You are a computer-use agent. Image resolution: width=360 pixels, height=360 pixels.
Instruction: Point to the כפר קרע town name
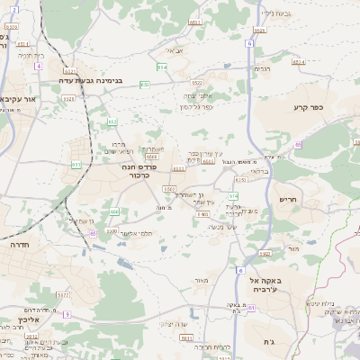[x=307, y=108]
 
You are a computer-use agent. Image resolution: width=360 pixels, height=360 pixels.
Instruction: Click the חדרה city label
[x=19, y=244]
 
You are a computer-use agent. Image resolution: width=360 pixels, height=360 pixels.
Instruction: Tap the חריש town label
[x=288, y=199]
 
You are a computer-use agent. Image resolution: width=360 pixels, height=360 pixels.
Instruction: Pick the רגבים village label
[x=263, y=68]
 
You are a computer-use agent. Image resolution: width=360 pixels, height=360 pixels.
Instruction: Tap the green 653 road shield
[x=145, y=84]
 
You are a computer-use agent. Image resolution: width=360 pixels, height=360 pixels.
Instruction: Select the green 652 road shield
[x=112, y=121]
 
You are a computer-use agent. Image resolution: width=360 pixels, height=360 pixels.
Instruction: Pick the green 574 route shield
[x=234, y=195]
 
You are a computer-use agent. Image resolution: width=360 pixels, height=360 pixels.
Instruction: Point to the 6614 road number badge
[x=298, y=61]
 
